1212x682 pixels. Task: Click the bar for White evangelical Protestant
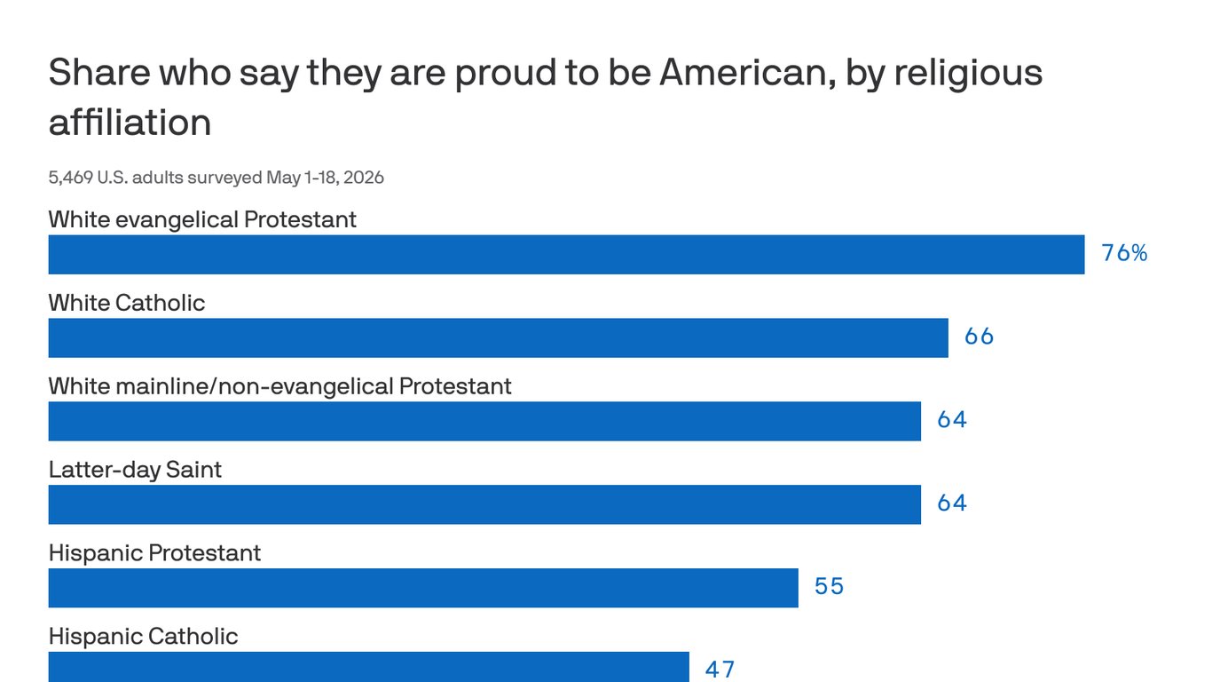pos(566,255)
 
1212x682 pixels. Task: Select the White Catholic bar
pos(499,338)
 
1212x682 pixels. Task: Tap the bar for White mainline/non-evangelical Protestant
pos(484,422)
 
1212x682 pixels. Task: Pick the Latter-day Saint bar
pos(484,505)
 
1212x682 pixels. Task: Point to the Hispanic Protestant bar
pos(423,588)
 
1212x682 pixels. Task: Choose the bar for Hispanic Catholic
pos(369,667)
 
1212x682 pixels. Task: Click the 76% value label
pos(1124,253)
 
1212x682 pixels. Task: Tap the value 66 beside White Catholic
pos(980,337)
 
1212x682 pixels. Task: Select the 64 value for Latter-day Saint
pos(952,504)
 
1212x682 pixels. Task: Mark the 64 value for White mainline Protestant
pos(952,420)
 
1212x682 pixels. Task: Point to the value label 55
pos(830,587)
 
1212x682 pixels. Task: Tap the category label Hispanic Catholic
pos(144,637)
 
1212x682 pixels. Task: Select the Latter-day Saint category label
pos(135,470)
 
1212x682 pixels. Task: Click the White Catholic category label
pos(127,303)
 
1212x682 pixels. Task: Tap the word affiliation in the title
pos(130,122)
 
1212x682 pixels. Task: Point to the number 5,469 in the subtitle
pos(70,178)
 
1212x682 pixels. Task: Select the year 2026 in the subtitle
pos(364,178)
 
